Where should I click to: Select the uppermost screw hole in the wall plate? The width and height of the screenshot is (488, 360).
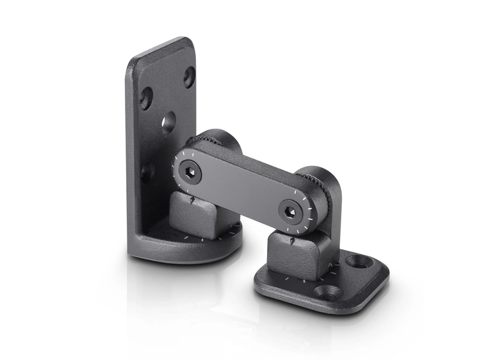coord(189,77)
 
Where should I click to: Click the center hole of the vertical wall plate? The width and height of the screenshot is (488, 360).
coord(168,122)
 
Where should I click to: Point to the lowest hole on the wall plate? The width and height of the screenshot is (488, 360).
coord(148,172)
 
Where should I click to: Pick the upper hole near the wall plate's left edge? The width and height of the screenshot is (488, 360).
coord(146,98)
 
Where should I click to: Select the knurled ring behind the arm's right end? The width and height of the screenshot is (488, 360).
coord(318,186)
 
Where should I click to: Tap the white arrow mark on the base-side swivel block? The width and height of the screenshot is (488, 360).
coord(291,241)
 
